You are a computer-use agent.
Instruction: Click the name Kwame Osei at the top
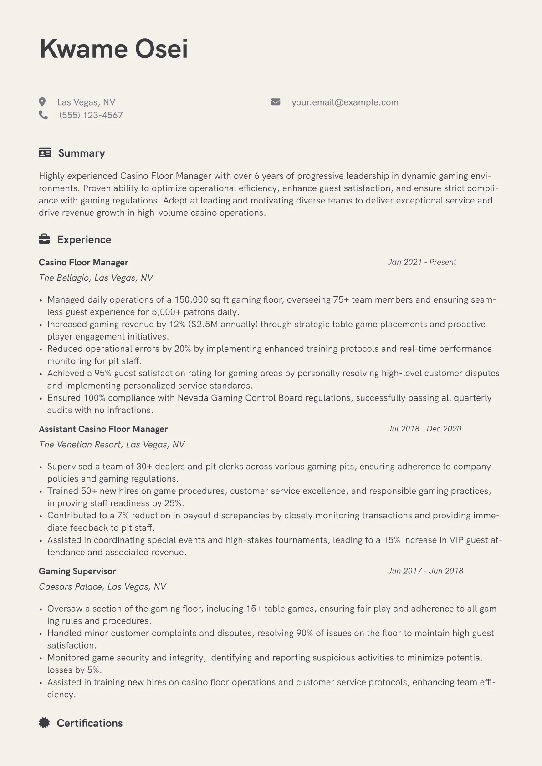(x=113, y=49)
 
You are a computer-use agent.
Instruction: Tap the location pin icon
(x=42, y=102)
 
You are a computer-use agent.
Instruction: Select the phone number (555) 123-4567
(x=91, y=115)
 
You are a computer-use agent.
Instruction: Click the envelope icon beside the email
(x=276, y=102)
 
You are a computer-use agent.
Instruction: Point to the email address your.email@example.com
(x=345, y=102)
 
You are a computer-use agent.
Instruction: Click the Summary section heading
(x=82, y=153)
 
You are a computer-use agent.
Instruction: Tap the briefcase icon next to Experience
(x=44, y=239)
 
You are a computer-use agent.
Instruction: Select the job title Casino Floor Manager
(x=83, y=262)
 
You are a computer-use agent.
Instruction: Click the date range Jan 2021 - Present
(x=421, y=262)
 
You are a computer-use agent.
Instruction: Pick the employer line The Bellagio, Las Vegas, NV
(x=96, y=278)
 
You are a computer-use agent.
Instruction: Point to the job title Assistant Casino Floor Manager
(x=103, y=429)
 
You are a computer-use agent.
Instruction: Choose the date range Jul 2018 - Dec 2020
(x=424, y=429)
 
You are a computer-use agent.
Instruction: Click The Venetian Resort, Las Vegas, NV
(x=112, y=444)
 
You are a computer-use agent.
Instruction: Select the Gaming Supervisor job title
(x=77, y=571)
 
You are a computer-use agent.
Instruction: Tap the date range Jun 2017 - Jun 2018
(x=425, y=571)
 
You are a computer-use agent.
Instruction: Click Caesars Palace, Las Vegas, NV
(x=102, y=587)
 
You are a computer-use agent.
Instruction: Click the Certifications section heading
(x=90, y=723)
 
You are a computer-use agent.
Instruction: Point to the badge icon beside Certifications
(x=44, y=723)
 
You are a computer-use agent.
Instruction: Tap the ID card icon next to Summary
(x=45, y=153)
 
